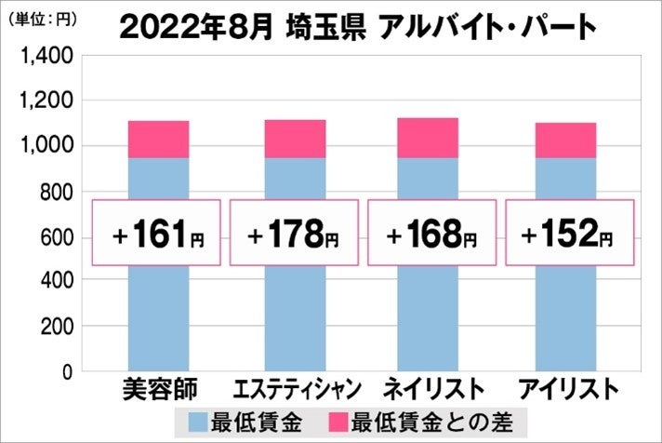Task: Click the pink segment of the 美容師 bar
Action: (158, 140)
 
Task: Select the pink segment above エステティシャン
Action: (295, 139)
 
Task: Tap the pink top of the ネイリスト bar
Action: (428, 138)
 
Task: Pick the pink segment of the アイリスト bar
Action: (565, 141)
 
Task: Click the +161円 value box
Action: (156, 233)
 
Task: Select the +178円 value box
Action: (294, 233)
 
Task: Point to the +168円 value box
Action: (431, 233)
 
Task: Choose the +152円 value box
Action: (569, 233)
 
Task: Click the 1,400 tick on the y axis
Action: (44, 58)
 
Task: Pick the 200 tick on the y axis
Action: (55, 328)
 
